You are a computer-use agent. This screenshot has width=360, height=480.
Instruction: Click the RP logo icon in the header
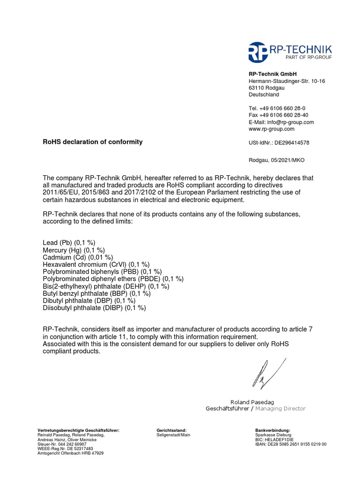(258, 52)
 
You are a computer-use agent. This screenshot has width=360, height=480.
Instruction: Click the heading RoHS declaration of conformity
(93, 142)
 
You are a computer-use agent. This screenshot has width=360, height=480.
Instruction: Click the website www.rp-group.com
(271, 129)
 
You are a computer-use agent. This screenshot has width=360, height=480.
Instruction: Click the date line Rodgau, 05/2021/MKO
(276, 160)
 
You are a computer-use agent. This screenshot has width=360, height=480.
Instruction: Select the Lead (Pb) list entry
(69, 243)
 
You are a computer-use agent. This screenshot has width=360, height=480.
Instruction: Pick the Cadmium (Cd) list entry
(78, 257)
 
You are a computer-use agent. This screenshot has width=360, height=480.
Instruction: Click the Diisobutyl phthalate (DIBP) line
(94, 308)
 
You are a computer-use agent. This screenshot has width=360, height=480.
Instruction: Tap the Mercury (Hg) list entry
(74, 250)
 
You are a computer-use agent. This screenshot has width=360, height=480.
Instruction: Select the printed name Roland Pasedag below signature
(252, 402)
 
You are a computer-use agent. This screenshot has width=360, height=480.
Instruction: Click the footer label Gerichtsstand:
(172, 430)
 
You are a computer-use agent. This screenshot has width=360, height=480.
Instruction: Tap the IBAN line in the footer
(291, 444)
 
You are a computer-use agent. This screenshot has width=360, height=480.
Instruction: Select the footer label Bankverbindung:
(273, 430)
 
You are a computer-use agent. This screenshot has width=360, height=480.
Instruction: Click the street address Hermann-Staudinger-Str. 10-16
(286, 81)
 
